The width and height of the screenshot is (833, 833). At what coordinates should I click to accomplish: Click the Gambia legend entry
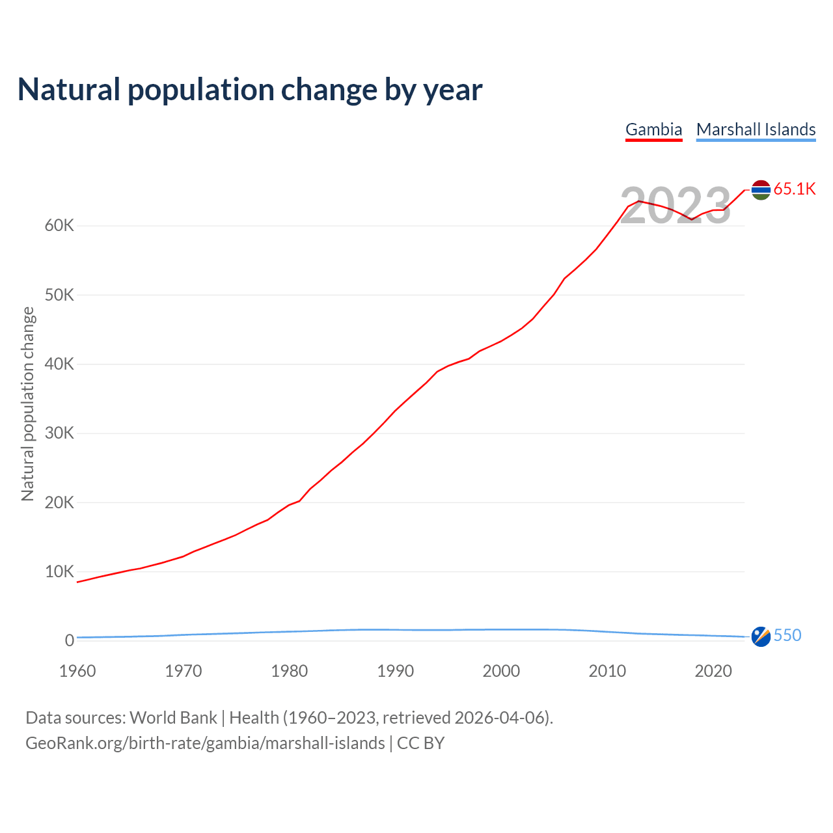point(653,130)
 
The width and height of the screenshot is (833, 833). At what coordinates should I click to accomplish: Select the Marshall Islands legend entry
point(756,130)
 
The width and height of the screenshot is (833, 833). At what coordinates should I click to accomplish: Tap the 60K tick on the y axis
point(60,226)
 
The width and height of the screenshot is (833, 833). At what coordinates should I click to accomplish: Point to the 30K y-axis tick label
point(60,433)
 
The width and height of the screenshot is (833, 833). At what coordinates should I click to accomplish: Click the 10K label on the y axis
point(60,572)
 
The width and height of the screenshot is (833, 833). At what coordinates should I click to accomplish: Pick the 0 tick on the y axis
point(70,641)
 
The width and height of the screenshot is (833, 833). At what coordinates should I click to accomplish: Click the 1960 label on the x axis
point(77,671)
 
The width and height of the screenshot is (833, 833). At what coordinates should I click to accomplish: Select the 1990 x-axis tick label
point(395,671)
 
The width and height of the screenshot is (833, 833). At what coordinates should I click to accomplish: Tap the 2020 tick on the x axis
point(713,671)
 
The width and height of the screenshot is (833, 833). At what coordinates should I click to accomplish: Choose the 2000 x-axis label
point(501,671)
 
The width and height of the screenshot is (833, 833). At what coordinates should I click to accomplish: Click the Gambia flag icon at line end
point(761,189)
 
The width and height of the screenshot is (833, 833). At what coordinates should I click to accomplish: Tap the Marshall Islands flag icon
point(761,636)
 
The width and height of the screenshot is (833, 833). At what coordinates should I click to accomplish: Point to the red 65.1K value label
point(795,189)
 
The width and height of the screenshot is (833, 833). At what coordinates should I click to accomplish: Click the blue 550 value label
point(787,636)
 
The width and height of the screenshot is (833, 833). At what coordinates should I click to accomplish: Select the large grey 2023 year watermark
point(676,206)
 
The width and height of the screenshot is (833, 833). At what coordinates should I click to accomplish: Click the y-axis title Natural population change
point(28,404)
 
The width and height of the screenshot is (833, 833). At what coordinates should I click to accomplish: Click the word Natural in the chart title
point(69,90)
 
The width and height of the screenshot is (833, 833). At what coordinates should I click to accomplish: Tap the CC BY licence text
point(420,743)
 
